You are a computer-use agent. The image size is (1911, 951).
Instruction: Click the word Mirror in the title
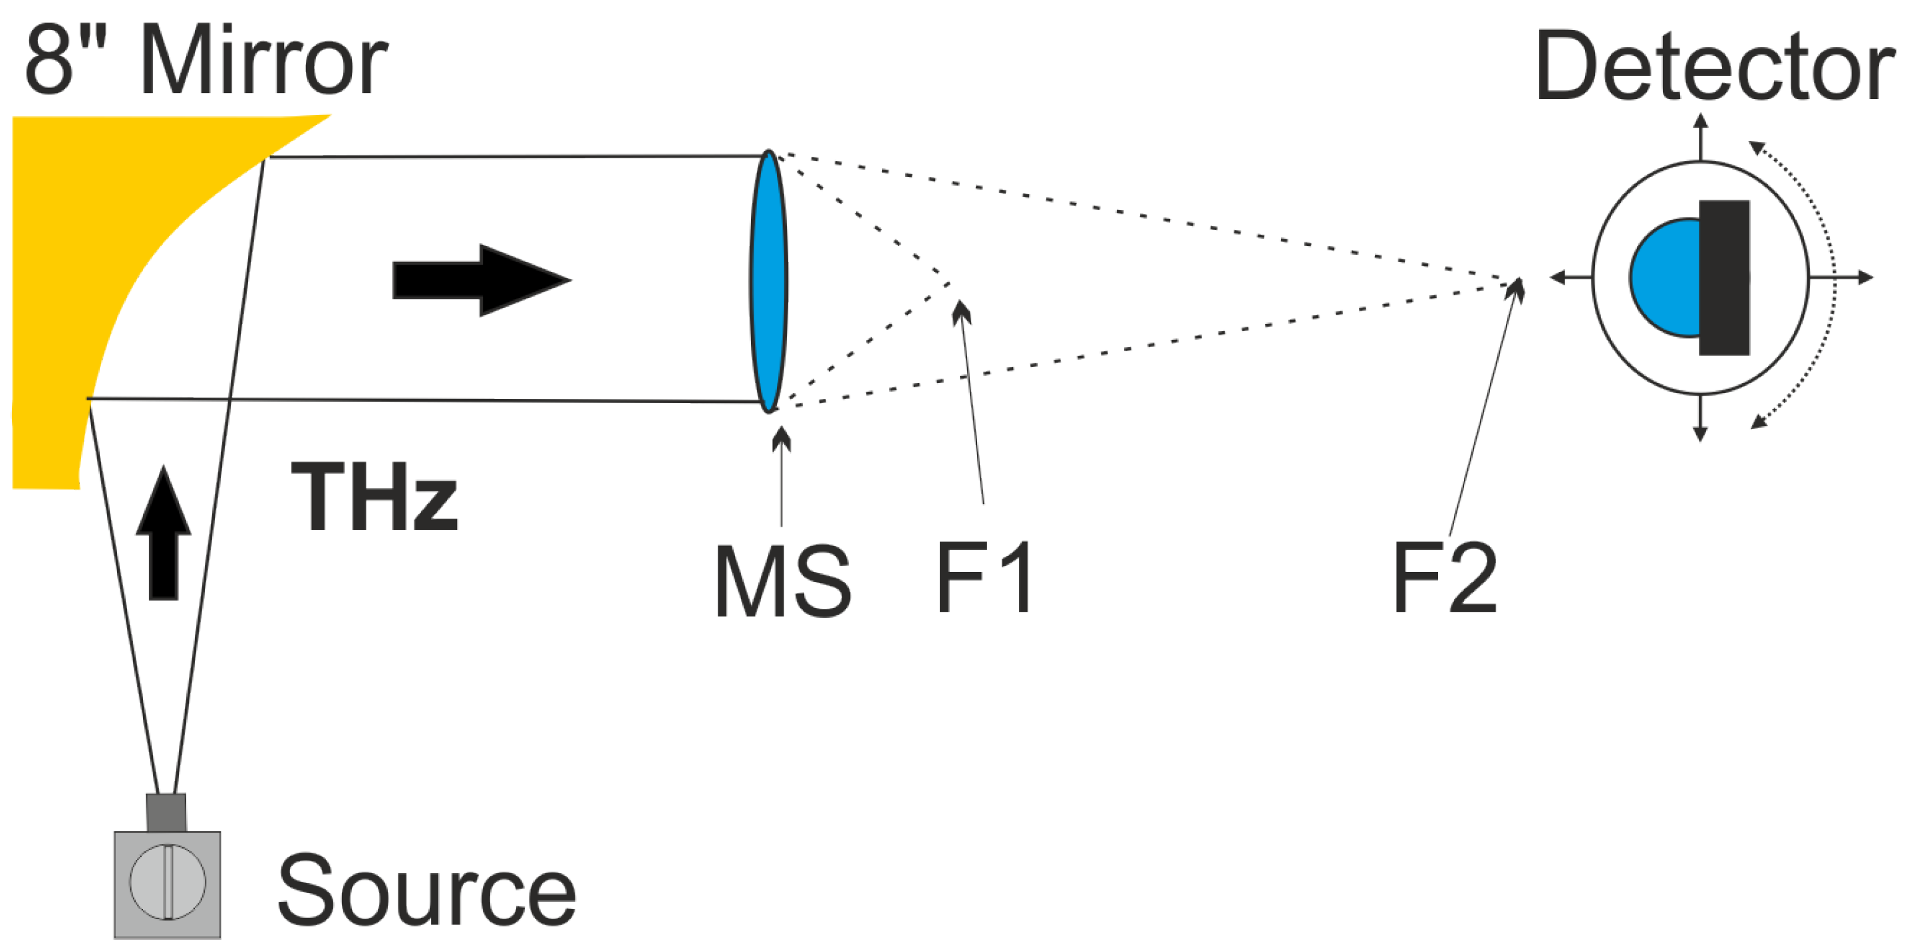point(263,61)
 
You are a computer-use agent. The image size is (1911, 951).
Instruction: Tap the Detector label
point(1713,68)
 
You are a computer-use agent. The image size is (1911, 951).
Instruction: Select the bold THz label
point(374,497)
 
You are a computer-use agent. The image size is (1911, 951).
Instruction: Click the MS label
point(782,582)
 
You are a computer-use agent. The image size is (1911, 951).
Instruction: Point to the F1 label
point(984,577)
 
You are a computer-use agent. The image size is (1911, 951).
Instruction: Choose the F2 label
point(1443,577)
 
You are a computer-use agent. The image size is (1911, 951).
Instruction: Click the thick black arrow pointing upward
point(164,534)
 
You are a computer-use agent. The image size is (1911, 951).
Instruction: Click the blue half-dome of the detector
point(1666,278)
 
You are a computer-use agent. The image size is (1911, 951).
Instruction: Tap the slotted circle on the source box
point(167,881)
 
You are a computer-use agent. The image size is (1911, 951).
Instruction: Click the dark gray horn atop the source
point(166,812)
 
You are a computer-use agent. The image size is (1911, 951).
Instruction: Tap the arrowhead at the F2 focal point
point(1516,288)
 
